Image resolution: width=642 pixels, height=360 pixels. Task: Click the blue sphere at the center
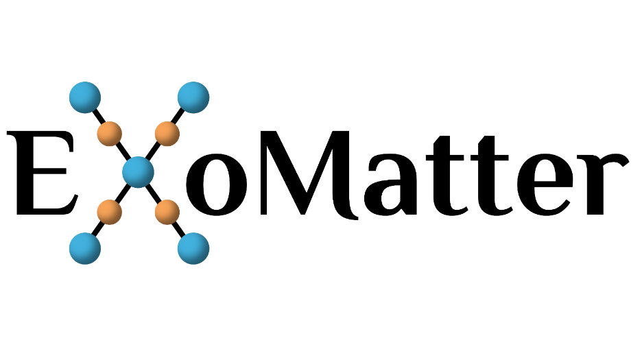tap(138, 172)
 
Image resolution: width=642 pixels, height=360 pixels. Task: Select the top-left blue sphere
tap(85, 97)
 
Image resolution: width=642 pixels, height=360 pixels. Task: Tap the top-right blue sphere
tap(193, 97)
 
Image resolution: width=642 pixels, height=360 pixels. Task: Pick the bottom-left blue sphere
tap(85, 248)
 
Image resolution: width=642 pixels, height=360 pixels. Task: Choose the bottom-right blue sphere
tap(193, 248)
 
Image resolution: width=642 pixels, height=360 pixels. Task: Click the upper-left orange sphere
tap(110, 134)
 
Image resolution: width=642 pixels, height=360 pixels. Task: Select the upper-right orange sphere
tap(167, 134)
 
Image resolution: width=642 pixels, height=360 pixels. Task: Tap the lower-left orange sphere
tap(110, 213)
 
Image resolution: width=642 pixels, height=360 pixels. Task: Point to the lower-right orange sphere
tap(167, 213)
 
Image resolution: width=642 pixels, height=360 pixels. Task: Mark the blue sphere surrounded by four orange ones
tap(138, 172)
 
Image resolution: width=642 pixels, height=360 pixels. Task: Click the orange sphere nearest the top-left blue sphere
tap(110, 134)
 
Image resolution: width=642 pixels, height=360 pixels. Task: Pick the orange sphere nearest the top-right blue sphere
tap(167, 134)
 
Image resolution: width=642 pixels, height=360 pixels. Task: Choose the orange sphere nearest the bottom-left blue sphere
tap(110, 213)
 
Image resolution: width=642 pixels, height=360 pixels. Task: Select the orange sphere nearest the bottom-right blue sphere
tap(167, 213)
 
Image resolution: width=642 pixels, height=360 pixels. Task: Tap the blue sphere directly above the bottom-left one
tap(85, 97)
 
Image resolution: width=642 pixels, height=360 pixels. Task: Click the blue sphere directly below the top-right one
tap(193, 248)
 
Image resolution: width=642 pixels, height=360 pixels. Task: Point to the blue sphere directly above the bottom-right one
tap(193, 97)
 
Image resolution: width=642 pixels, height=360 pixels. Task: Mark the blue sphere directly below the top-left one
tap(85, 248)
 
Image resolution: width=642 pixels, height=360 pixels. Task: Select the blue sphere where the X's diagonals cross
tap(138, 172)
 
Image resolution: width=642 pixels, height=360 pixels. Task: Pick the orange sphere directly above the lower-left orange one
tap(110, 134)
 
